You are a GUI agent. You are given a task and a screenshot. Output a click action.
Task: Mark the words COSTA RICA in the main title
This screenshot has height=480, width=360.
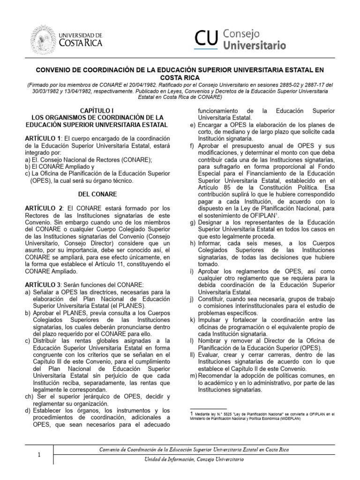coord(180,77)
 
